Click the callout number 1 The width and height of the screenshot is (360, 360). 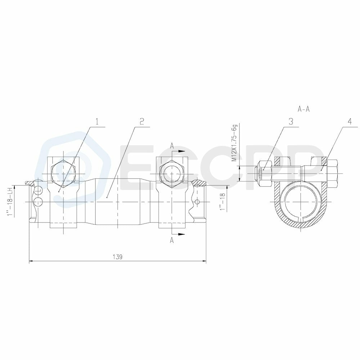pyautogui.click(x=96, y=122)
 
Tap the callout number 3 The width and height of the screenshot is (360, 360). pyautogui.click(x=291, y=122)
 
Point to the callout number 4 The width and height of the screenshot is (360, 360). pyautogui.click(x=349, y=122)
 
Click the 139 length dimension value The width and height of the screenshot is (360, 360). pyautogui.click(x=118, y=257)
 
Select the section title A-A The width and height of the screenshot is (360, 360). pyautogui.click(x=304, y=109)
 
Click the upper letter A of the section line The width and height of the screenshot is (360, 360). pyautogui.click(x=172, y=145)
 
